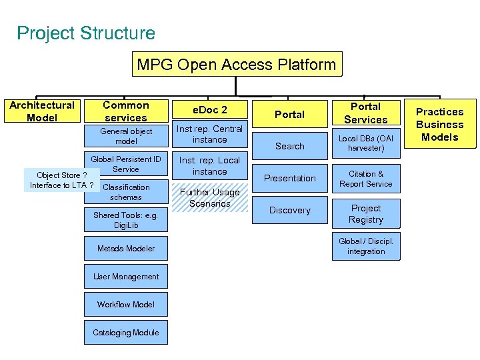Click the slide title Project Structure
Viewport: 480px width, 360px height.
point(86,33)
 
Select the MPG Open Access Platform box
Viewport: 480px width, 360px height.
point(237,65)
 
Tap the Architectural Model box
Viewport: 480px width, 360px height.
point(41,111)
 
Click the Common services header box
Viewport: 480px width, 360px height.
point(126,111)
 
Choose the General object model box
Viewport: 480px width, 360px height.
point(126,137)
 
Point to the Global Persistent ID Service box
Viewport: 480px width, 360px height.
point(126,164)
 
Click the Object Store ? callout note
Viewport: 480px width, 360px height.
point(61,180)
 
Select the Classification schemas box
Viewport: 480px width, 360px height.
point(126,193)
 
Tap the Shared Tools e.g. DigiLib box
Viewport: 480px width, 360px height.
point(126,221)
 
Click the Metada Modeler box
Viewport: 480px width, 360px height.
point(126,249)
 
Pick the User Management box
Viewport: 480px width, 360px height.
point(126,277)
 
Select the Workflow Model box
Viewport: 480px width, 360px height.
point(126,305)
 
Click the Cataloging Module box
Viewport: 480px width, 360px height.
point(126,333)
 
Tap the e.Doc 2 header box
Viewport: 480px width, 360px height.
point(210,109)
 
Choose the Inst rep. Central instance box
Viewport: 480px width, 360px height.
point(210,134)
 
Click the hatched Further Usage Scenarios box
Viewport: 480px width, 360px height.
point(210,197)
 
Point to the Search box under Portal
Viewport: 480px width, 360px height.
point(290,146)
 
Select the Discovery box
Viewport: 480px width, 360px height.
point(290,210)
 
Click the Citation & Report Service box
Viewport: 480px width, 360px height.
point(366,179)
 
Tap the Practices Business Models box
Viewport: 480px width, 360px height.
point(440,124)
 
